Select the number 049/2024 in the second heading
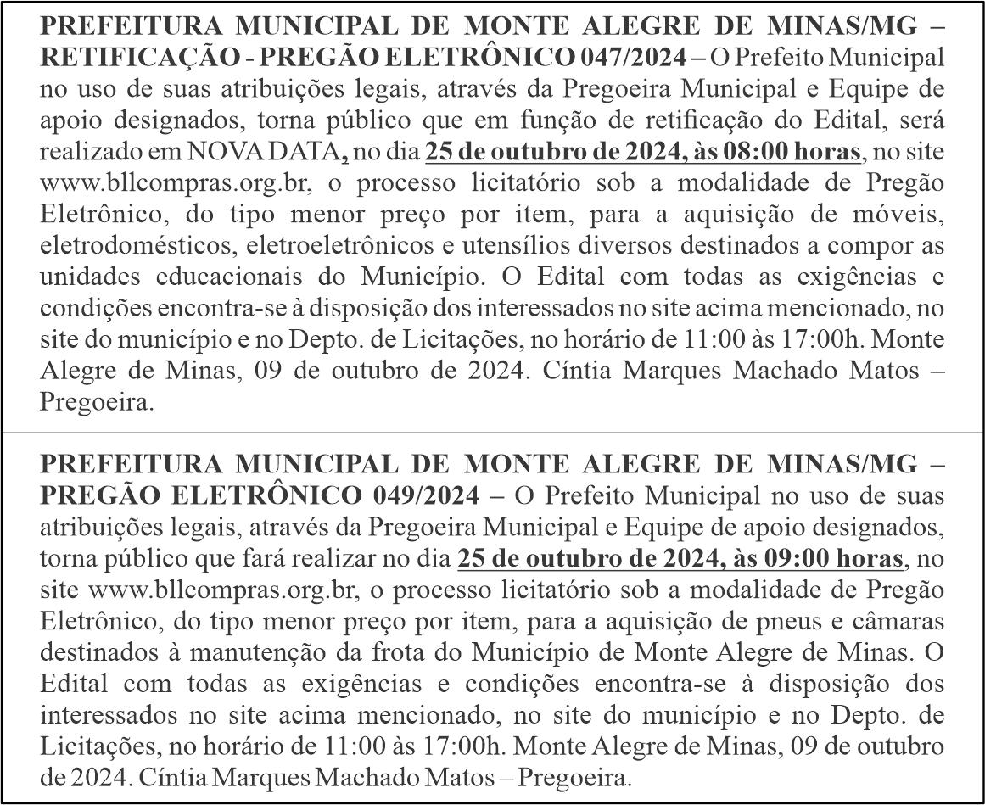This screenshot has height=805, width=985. tap(425, 495)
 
